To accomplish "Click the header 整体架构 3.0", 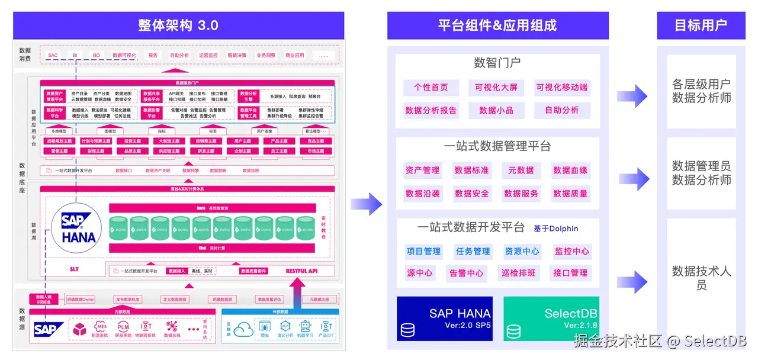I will pos(178,25).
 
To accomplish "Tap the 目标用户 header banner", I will pos(701,25).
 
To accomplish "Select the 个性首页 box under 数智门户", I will pos(431,88).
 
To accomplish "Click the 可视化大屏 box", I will pos(496,88).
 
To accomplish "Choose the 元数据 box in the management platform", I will pos(521,171).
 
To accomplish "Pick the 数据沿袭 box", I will pos(423,194).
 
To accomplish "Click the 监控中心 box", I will pos(571,252).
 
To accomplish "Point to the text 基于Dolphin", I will pos(555,229).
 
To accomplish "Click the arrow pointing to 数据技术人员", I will pos(632,282).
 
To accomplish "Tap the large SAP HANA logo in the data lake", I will pos(78,228).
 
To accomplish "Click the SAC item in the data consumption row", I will pos(53,56).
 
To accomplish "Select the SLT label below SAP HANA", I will pos(74,269).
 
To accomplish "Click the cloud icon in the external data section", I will pos(243,329).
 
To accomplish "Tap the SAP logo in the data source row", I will pos(49,329).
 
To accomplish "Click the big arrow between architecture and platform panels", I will pos(367,204).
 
